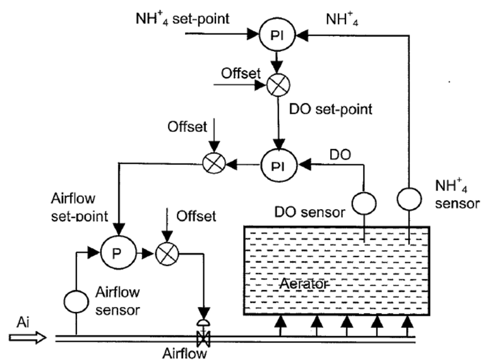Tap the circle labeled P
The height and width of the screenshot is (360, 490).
[x=115, y=254]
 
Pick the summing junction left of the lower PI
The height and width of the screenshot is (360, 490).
[x=212, y=165]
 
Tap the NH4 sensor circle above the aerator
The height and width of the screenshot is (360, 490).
[x=409, y=200]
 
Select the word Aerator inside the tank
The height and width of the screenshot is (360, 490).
[x=304, y=285]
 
